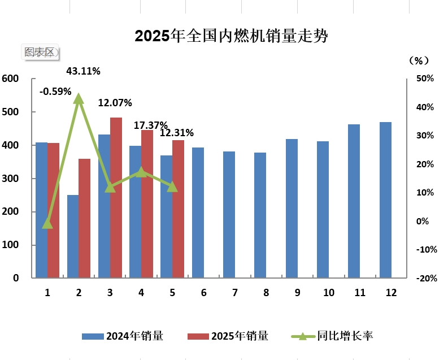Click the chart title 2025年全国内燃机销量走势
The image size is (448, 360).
[231, 36]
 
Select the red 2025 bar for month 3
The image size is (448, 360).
[116, 198]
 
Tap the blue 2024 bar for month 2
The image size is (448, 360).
[73, 236]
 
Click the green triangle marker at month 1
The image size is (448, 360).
[47, 224]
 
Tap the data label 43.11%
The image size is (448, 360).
[83, 71]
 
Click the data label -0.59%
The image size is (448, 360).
[55, 91]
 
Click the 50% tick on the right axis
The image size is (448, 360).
[424, 79]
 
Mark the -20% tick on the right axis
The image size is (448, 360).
[424, 278]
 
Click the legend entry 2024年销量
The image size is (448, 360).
[123, 336]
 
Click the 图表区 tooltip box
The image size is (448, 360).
[40, 52]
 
